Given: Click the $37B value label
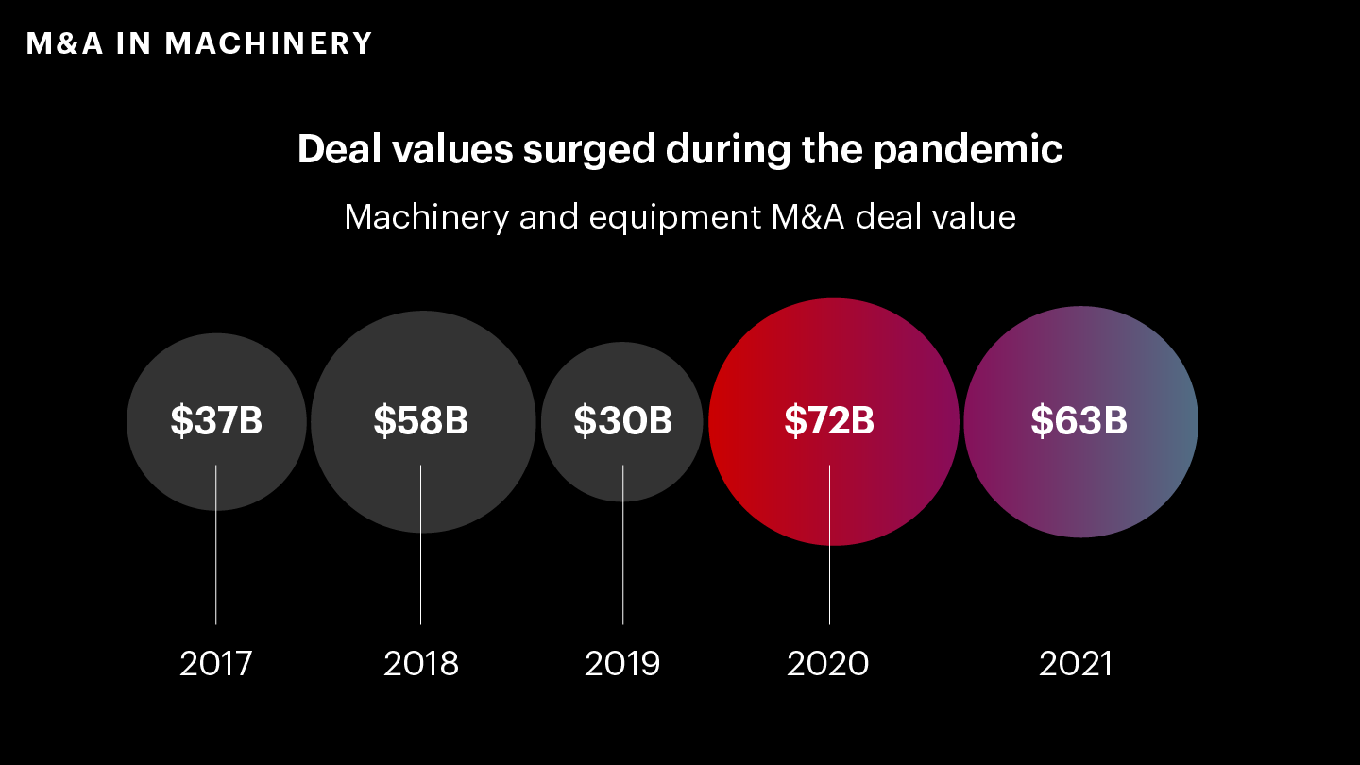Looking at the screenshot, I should [x=216, y=421].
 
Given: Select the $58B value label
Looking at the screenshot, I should [x=421, y=421].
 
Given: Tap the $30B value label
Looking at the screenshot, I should [x=622, y=421].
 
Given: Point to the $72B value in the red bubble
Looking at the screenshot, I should [x=829, y=421].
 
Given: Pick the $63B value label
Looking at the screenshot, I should [x=1079, y=421].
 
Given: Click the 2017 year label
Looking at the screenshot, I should [x=216, y=664].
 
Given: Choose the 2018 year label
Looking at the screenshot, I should [x=421, y=664].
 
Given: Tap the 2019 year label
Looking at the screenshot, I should [x=622, y=664].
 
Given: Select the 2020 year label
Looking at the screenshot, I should [x=828, y=664].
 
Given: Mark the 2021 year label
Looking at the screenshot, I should [x=1077, y=664].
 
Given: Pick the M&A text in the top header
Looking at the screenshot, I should [x=64, y=43].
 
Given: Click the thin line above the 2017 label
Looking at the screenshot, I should [x=216, y=567].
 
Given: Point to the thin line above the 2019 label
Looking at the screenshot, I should [x=622, y=567].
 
